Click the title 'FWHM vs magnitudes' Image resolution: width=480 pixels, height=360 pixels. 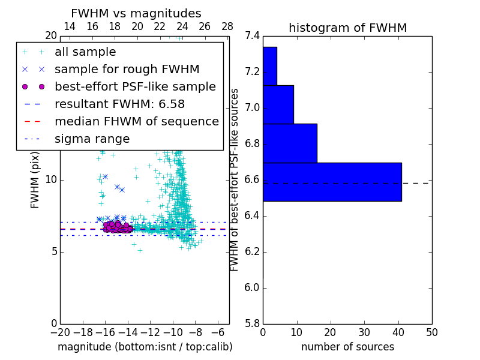(x=136, y=14)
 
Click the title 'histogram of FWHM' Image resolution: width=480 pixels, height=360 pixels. (x=347, y=28)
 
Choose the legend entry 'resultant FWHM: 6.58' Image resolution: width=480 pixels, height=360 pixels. (x=119, y=104)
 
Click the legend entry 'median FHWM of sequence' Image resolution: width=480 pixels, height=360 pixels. (x=136, y=122)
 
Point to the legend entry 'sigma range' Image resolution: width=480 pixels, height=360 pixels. (x=92, y=139)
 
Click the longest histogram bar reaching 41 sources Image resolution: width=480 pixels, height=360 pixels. (x=332, y=182)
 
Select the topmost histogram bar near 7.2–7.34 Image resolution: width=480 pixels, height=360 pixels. (x=269, y=66)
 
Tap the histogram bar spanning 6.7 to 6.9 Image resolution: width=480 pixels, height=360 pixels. (x=290, y=143)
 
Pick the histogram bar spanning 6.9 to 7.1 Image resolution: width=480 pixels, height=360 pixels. (x=278, y=104)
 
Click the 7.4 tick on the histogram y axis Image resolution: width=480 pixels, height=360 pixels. (x=252, y=36)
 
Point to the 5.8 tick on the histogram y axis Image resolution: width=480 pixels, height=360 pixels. (x=252, y=323)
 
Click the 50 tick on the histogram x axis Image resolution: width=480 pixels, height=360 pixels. (x=431, y=332)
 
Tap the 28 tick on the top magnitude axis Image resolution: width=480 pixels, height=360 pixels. (x=227, y=26)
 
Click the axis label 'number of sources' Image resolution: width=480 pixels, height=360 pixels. (x=347, y=347)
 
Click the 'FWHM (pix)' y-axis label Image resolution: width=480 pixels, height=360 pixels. (x=35, y=179)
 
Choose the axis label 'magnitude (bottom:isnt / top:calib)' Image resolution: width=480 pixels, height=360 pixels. (x=145, y=347)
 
